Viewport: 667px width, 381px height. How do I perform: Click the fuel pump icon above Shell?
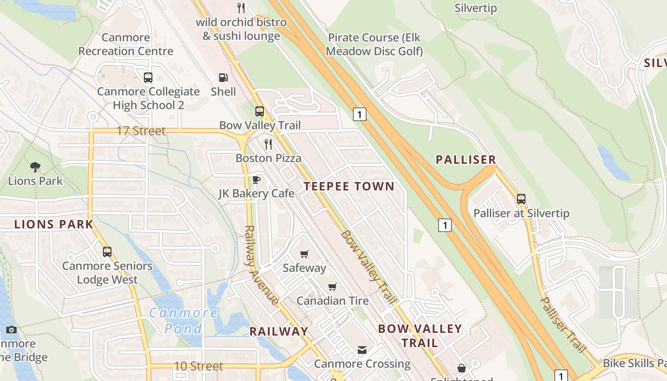point(223,78)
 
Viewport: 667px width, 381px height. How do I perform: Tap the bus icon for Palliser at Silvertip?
point(521,199)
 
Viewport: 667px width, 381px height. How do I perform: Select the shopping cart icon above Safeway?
point(304,254)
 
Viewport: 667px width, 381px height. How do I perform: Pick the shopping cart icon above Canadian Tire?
point(333,287)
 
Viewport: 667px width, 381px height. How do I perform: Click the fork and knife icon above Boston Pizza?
point(269,144)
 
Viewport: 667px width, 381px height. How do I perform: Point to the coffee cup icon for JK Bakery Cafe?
point(256,180)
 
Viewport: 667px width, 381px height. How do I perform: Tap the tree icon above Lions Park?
point(35,167)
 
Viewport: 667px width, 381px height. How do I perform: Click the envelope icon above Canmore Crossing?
point(362,350)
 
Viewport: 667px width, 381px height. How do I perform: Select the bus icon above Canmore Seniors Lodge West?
point(107,252)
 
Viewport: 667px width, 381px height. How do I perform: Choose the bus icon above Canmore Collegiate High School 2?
point(148,78)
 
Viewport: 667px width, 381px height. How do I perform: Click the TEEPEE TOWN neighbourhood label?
point(349,186)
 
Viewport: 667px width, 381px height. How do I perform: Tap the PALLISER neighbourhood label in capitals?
point(466,160)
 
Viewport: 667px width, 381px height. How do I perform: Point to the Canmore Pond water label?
point(183,321)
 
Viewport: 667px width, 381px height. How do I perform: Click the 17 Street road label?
point(141,130)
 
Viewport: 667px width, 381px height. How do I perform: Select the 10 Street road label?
point(199,366)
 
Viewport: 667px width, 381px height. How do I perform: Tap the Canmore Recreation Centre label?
point(126,44)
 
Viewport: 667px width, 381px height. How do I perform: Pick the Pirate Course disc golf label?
point(375,44)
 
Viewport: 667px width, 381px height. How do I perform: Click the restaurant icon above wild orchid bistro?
point(241,8)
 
